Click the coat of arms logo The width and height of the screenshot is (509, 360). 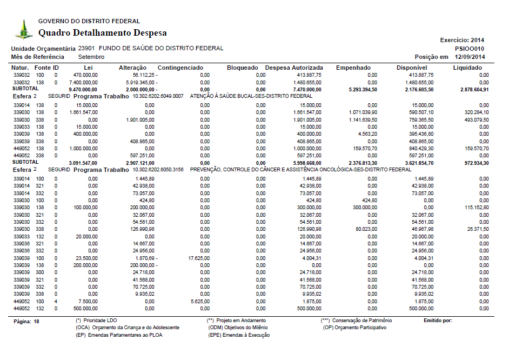(x=23, y=29)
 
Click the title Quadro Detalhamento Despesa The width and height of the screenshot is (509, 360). (x=103, y=33)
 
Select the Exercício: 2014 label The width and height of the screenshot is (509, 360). (x=462, y=40)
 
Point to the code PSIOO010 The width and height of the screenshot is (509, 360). (x=470, y=48)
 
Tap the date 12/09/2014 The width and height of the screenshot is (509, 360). (x=470, y=57)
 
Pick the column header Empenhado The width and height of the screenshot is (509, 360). (x=353, y=68)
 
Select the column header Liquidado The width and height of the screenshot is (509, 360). (x=467, y=68)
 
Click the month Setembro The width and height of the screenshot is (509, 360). (x=91, y=57)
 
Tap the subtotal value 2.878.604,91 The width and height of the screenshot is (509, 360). (x=473, y=89)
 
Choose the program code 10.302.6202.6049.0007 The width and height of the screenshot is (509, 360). (x=158, y=96)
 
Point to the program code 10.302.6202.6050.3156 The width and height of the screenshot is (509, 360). (x=158, y=169)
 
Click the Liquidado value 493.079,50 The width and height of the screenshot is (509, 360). (x=475, y=119)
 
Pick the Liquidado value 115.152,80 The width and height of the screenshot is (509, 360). (x=475, y=207)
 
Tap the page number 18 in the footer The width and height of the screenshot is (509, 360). (x=37, y=321)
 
